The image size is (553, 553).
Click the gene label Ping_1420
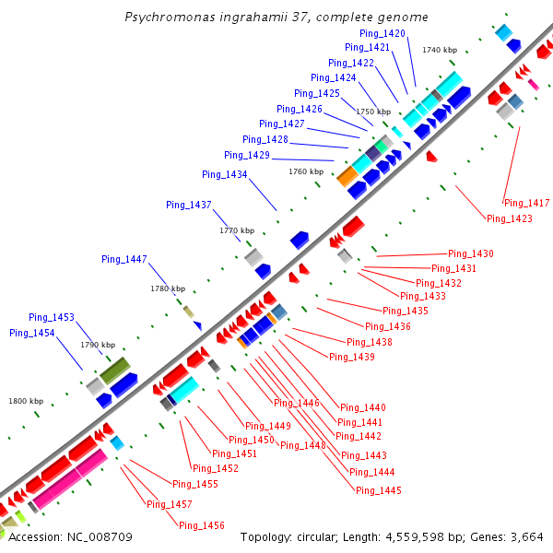[x=382, y=33]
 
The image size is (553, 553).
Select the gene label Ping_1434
[x=225, y=174]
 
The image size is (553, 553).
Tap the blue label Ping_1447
[x=124, y=259]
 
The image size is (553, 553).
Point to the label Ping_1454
[x=32, y=333]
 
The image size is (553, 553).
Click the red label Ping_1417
[x=526, y=203]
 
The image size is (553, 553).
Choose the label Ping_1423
[x=510, y=218]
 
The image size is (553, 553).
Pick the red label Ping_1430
[x=471, y=253]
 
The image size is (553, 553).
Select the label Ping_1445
[x=379, y=490]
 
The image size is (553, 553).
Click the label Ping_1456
[x=202, y=525]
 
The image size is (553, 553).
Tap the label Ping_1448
[x=303, y=445]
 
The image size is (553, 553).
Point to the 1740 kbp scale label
[x=440, y=50]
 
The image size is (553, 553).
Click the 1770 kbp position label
[x=237, y=230]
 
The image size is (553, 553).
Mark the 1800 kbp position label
[x=26, y=401]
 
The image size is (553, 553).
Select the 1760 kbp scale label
[x=306, y=171]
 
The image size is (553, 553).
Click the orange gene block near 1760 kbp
[x=347, y=175]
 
